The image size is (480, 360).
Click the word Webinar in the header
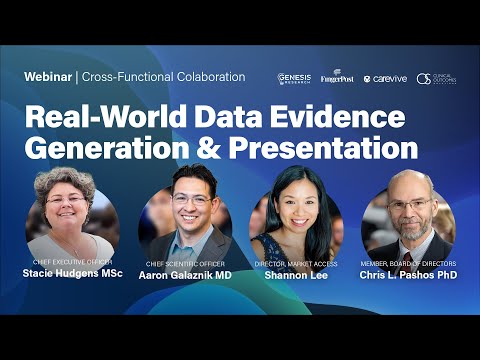(48, 77)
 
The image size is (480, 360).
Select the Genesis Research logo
(294, 78)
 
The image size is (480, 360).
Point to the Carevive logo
(384, 78)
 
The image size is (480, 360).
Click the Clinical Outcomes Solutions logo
(436, 78)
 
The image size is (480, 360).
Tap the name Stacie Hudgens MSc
(72, 273)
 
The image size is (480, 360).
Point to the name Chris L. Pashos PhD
(410, 273)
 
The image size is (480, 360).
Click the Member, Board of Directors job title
(410, 263)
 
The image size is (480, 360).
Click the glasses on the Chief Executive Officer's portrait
(67, 199)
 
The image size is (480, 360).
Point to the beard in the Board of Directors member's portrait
(412, 224)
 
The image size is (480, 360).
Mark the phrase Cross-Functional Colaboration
(164, 77)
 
